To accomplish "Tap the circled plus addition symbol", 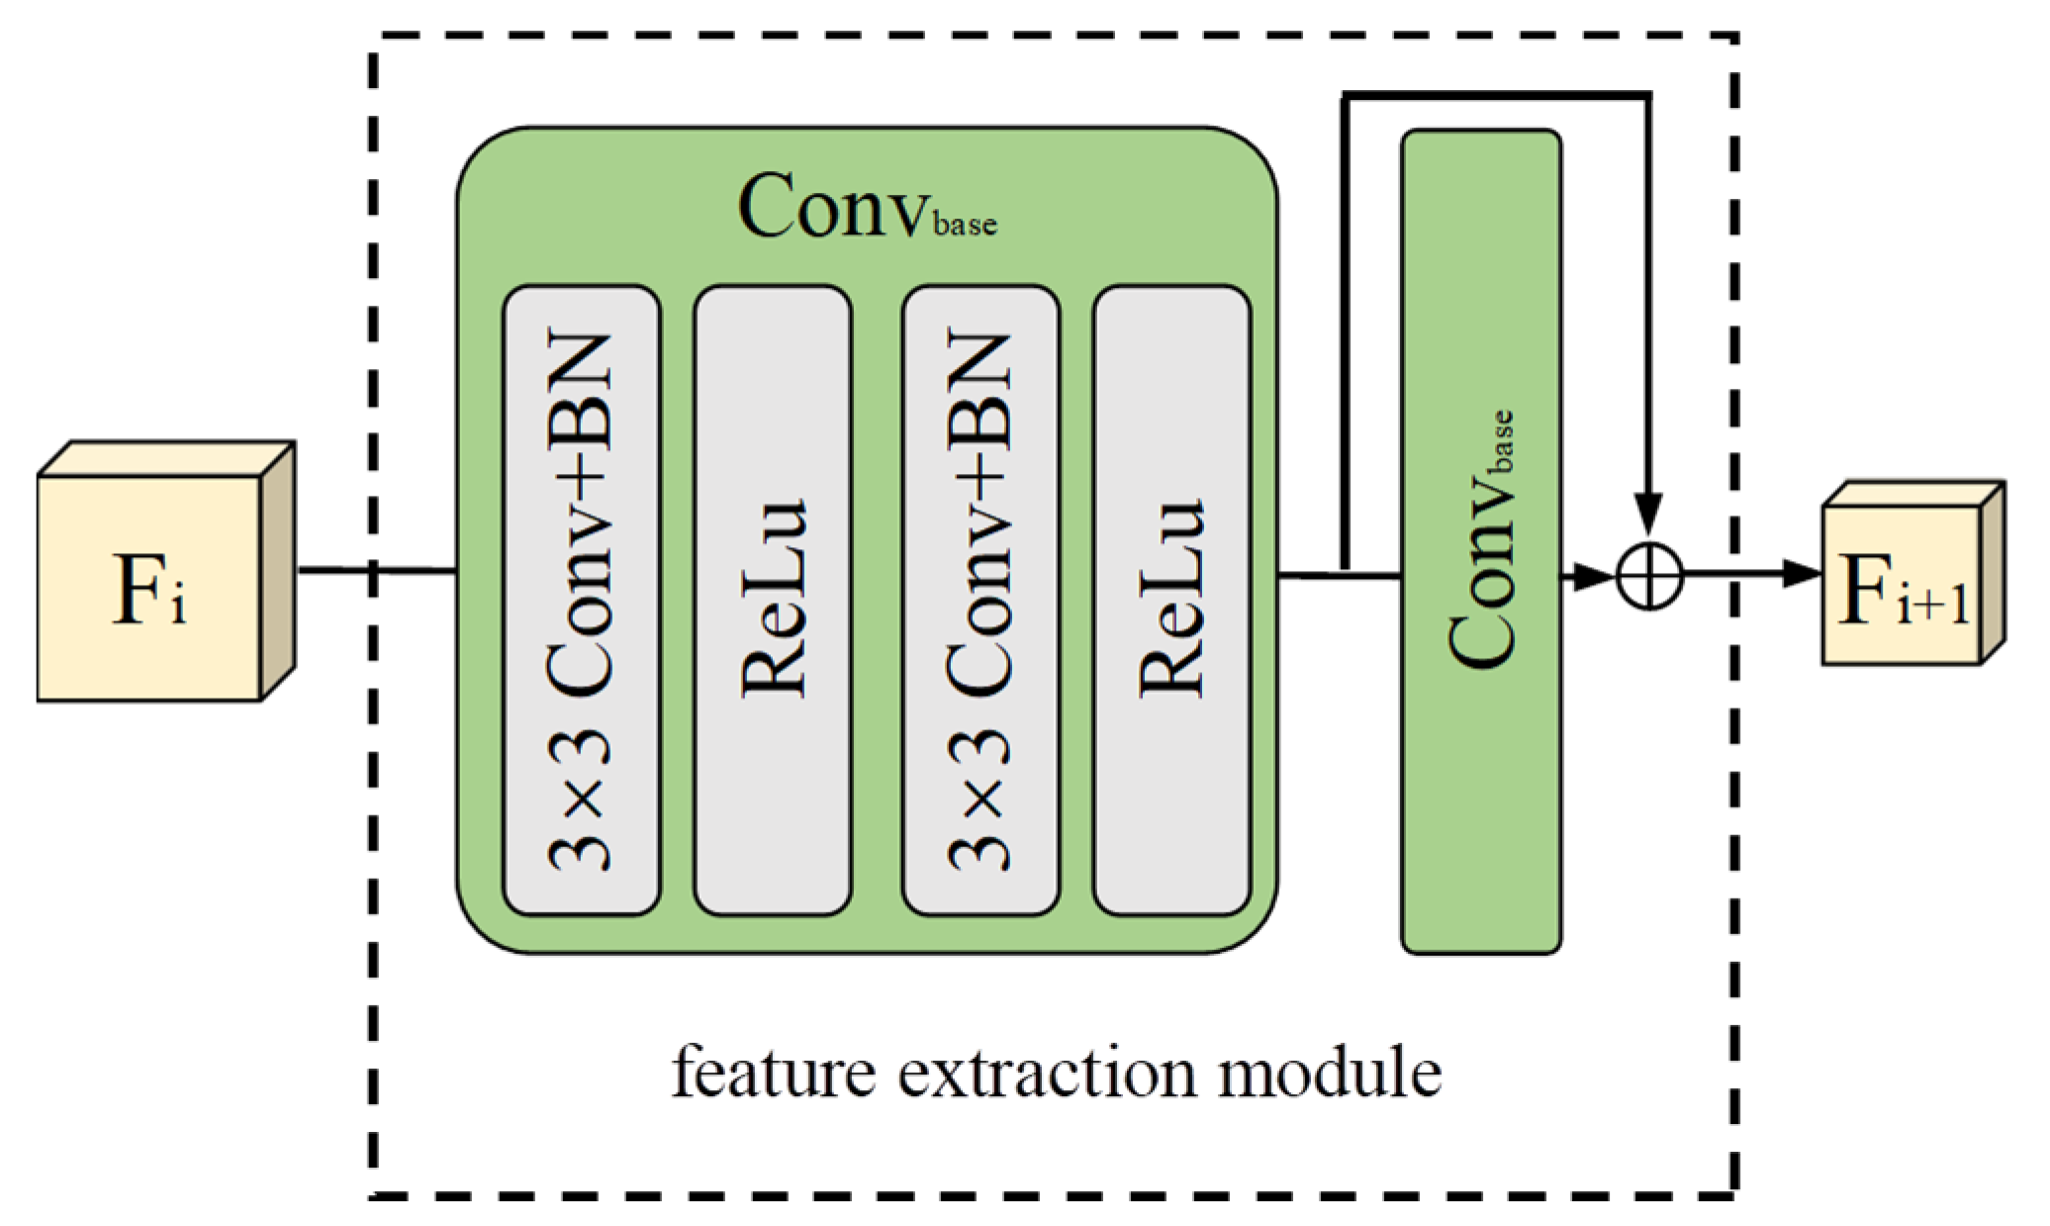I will point(1648,575).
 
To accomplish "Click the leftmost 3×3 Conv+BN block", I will point(582,600).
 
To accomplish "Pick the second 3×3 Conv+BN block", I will point(980,600).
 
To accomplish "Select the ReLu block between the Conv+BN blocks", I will point(773,600).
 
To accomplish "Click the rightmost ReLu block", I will point(1171,600).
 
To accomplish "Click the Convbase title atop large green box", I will point(867,206).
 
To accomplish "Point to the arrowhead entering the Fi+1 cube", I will point(1802,573).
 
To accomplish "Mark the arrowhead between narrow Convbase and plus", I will point(1592,576).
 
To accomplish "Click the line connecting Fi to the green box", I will point(376,569).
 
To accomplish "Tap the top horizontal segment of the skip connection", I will point(1494,96).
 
